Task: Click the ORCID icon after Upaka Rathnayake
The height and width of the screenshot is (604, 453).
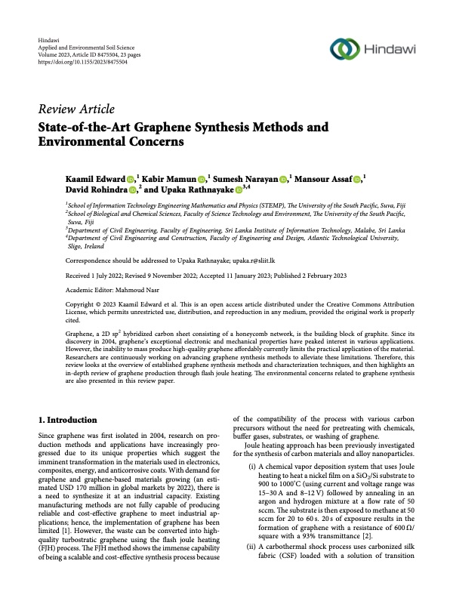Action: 240,190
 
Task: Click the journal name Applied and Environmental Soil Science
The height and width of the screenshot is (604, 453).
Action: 85,46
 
